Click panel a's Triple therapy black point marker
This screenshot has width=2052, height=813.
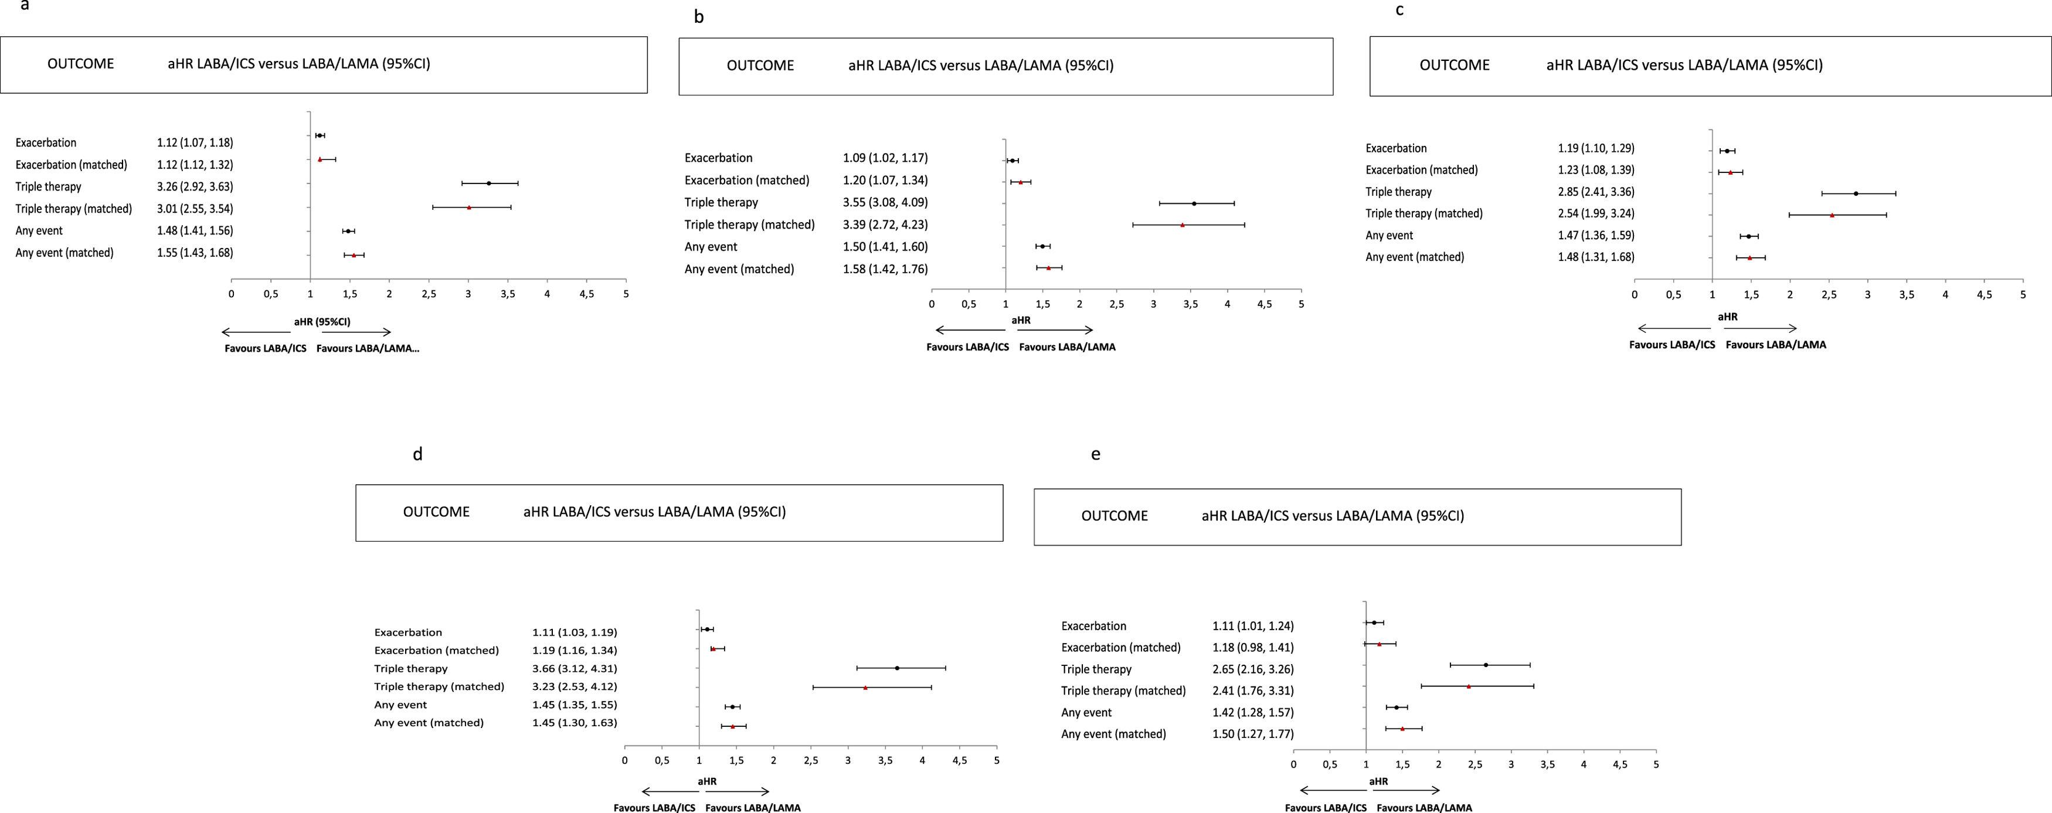pos(488,183)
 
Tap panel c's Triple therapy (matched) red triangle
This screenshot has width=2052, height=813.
pos(1832,215)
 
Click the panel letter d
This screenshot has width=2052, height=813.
pos(417,454)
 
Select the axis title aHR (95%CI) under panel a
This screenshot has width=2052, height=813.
pos(322,322)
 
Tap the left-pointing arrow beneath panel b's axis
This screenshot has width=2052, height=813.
pos(970,329)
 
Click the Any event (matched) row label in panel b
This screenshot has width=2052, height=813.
pos(739,269)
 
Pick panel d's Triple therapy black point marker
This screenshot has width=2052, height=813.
pos(897,668)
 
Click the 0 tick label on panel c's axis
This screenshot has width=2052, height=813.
pos(1635,295)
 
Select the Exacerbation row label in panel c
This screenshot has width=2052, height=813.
pos(1395,148)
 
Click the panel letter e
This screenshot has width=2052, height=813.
pos(1095,454)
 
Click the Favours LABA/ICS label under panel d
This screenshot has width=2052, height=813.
pos(653,807)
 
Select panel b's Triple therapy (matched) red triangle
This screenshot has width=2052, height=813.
pos(1182,224)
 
